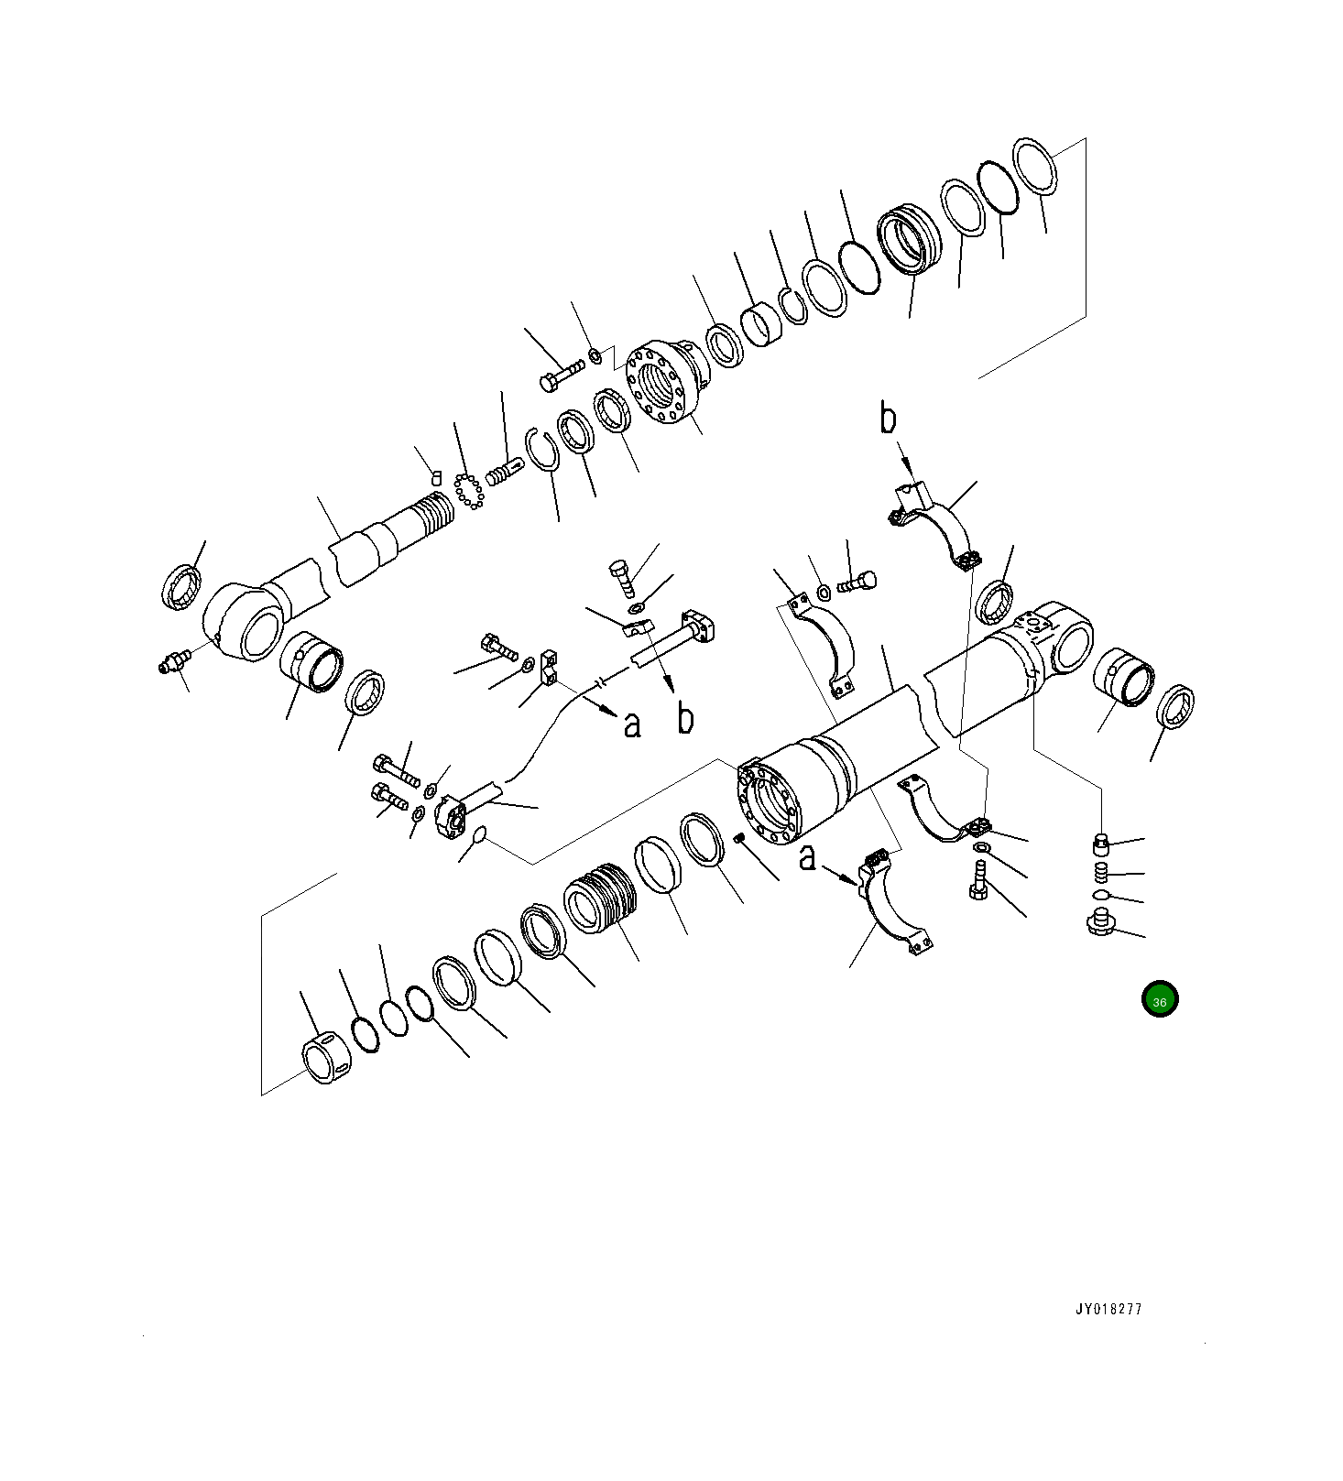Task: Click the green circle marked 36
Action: pos(1159,999)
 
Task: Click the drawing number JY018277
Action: pos(1108,1309)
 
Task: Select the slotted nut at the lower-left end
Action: pos(325,1059)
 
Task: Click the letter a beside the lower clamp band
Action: pos(807,859)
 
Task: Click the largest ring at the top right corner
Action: pos(1036,166)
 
